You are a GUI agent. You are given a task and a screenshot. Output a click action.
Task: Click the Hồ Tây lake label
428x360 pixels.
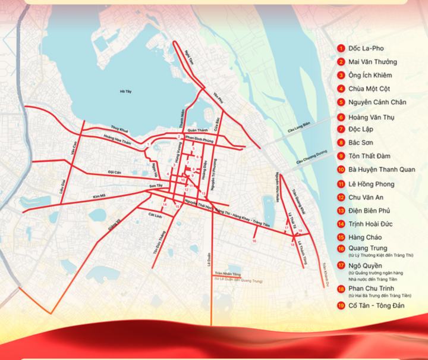[125, 92]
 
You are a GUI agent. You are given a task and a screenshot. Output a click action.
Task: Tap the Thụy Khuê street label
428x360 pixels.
[119, 129]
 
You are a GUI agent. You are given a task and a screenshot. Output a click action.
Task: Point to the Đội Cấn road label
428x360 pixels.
[114, 171]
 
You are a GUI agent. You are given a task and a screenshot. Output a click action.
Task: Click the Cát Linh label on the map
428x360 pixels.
[156, 215]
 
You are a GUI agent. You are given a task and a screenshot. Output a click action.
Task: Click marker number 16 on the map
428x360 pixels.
[254, 241]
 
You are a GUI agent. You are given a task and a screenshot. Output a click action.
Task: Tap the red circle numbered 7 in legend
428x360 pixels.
[341, 129]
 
